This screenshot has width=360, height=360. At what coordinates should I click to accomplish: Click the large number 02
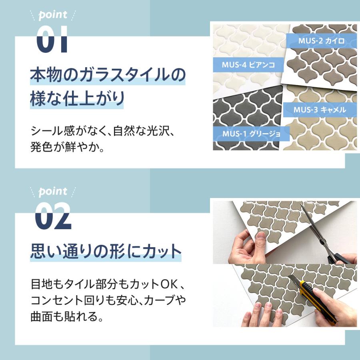(53, 216)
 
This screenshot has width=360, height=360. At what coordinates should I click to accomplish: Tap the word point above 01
(53, 16)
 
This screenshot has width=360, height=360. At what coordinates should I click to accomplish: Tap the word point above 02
(53, 192)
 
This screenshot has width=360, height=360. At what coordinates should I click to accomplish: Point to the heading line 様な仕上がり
(76, 99)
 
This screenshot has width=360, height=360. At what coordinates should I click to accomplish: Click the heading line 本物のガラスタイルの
(108, 76)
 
